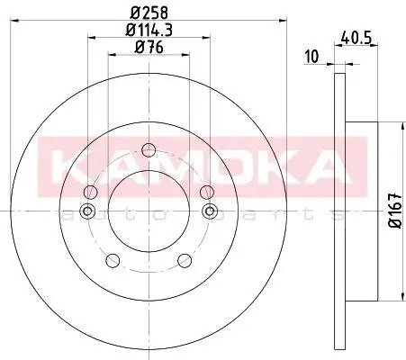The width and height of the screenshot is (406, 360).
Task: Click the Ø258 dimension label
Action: click(x=149, y=13)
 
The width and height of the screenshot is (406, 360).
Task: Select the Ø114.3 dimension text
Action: click(x=149, y=30)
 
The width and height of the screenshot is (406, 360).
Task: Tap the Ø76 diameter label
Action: click(x=149, y=47)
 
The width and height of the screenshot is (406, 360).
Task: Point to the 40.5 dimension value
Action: click(x=356, y=39)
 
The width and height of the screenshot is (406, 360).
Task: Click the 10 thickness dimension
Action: click(x=311, y=57)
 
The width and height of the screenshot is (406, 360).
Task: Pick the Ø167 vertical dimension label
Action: click(x=395, y=211)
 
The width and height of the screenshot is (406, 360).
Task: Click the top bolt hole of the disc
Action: click(x=149, y=150)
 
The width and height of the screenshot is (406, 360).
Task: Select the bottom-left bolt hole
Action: click(x=113, y=260)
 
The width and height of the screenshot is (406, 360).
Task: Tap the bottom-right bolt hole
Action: click(x=185, y=260)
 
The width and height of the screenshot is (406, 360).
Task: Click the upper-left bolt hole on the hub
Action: click(x=90, y=192)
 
